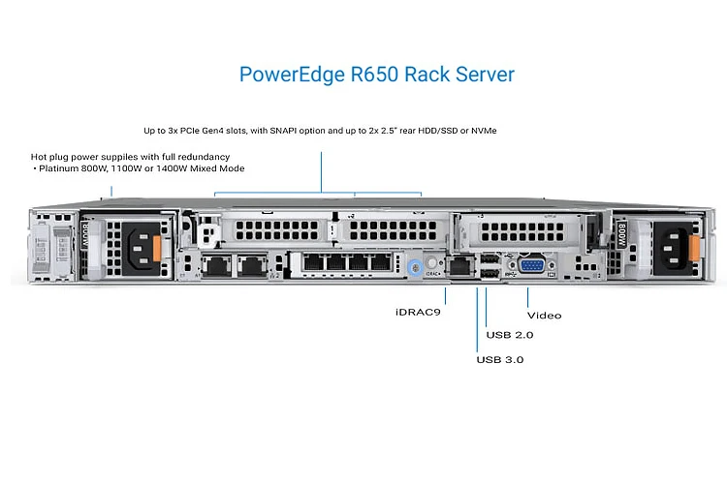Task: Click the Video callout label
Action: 544,315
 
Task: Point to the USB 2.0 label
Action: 509,335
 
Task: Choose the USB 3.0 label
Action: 501,359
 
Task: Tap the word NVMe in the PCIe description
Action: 490,130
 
